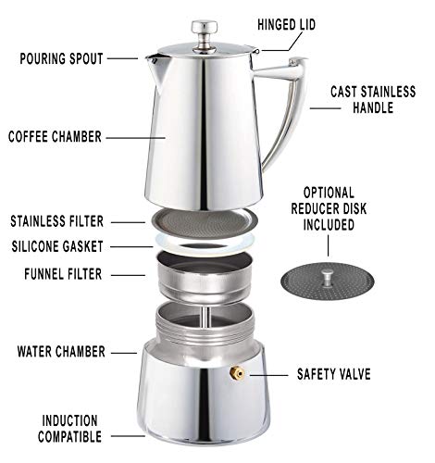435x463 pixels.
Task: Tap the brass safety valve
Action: (x=237, y=373)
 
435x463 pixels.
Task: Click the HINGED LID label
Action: (x=287, y=25)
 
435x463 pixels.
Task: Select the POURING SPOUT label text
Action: (x=61, y=58)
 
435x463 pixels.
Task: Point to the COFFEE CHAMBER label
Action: (x=55, y=137)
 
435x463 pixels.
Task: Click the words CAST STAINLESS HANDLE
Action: (x=373, y=100)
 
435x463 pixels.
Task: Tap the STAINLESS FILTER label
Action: (x=56, y=221)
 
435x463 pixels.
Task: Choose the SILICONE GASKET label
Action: (x=57, y=246)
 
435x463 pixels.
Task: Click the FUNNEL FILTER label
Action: (x=63, y=274)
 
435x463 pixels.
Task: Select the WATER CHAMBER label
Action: (x=61, y=352)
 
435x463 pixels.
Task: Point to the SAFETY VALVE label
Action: (x=334, y=374)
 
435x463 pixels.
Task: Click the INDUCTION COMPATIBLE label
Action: (x=69, y=429)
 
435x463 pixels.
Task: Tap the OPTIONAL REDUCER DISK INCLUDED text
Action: (x=329, y=209)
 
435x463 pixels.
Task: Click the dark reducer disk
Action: (x=328, y=282)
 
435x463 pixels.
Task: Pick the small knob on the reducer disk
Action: (x=327, y=277)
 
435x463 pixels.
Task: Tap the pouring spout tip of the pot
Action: (x=149, y=58)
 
